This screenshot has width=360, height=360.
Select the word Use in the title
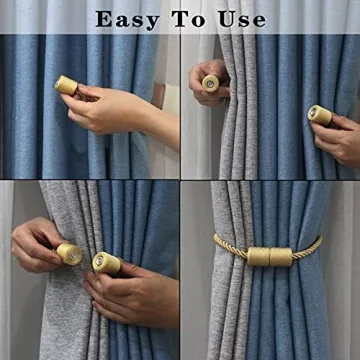(244, 19)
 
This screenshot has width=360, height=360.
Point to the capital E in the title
(103, 19)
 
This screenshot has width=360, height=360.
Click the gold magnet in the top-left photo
(67, 86)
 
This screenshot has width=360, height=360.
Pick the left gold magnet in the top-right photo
(212, 83)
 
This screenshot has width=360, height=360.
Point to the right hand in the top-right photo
(340, 135)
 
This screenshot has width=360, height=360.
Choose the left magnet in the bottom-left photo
(68, 253)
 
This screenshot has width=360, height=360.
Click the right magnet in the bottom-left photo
(105, 263)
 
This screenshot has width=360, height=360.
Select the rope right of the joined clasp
(307, 247)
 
